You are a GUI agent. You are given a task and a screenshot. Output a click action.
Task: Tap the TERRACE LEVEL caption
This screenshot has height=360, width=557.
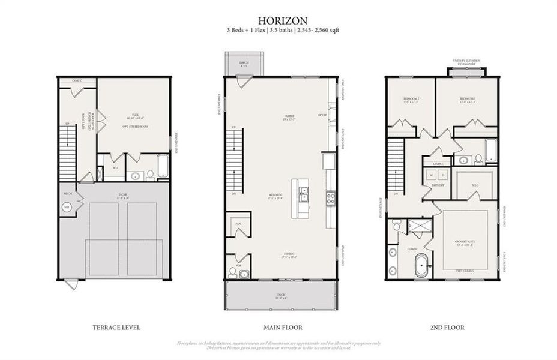[116, 328]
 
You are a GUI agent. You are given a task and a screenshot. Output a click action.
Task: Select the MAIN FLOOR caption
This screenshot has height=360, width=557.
[281, 328]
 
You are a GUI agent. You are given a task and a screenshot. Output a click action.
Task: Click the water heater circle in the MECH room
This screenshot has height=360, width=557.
[67, 207]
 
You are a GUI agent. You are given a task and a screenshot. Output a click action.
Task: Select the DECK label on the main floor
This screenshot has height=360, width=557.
[281, 294]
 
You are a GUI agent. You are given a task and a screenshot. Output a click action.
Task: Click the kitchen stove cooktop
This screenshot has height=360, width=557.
[331, 196]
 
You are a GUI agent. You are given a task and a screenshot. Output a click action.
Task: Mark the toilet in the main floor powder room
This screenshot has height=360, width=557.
[244, 274]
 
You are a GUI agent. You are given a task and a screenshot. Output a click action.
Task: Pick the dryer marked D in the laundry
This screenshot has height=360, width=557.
[443, 175]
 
